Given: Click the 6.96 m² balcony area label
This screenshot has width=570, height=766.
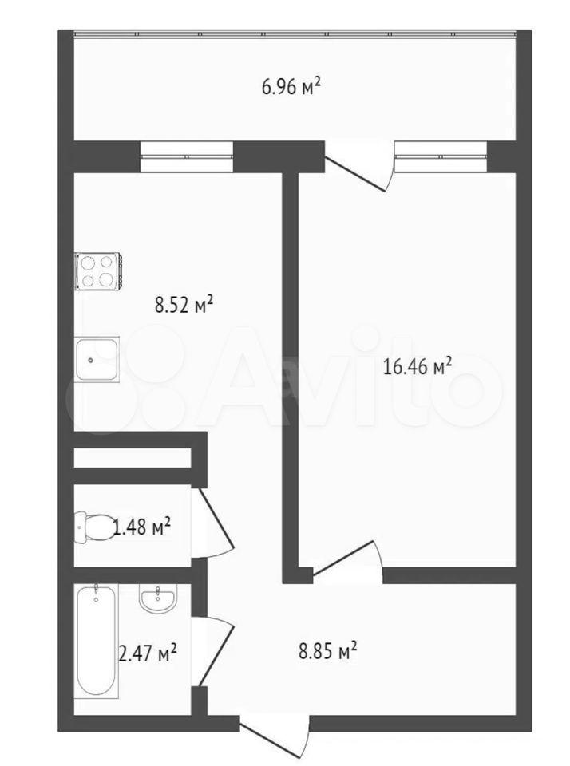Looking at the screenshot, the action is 291,88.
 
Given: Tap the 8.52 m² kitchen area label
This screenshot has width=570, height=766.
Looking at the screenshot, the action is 184,306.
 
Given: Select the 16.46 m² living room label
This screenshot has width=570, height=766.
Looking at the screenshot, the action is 417,366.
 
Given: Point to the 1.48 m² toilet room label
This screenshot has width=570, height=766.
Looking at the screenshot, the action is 142,527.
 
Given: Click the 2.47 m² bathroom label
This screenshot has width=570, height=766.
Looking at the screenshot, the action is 148,653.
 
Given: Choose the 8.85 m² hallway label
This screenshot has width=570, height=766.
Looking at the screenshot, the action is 327,651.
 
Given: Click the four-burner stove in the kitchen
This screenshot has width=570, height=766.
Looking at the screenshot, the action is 97,271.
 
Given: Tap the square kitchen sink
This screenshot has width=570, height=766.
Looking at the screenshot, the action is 97,358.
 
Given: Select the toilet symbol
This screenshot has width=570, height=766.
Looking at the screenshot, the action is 93,527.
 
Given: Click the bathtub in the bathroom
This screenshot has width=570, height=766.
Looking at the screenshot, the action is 97,641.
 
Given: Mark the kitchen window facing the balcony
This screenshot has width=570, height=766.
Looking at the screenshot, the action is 186,156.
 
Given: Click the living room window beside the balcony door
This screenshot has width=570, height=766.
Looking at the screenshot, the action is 441,156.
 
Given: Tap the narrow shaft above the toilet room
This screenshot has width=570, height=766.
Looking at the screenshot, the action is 132,458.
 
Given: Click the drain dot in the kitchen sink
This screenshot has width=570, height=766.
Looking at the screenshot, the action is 90,361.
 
